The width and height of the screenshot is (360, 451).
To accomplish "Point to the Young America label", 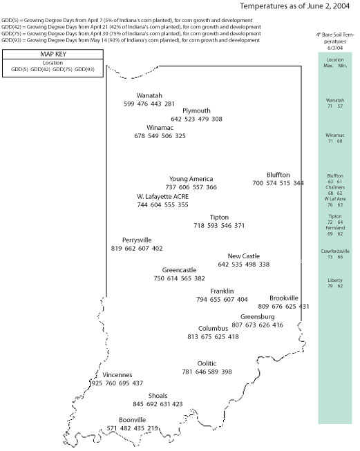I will click(x=191, y=179).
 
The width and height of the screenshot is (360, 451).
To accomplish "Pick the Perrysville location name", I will click(x=137, y=240).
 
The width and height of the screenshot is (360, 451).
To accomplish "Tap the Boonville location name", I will click(x=133, y=420).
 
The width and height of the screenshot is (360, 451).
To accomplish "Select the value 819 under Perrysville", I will click(x=117, y=249).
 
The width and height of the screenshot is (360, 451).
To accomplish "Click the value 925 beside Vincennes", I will click(x=97, y=383).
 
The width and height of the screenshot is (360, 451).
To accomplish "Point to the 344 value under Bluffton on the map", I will click(x=299, y=184).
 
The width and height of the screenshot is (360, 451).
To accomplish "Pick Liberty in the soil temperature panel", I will click(x=334, y=280).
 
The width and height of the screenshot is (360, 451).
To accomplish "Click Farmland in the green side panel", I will click(x=334, y=227).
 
